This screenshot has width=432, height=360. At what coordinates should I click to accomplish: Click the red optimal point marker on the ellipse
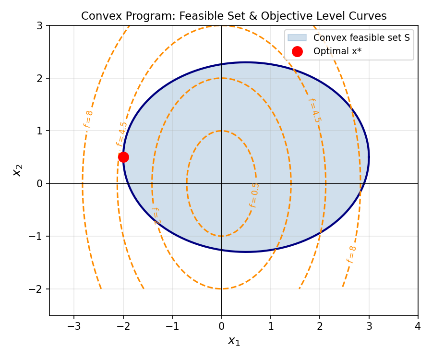click(x=123, y=157)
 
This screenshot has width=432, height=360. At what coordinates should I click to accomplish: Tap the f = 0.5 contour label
click(x=254, y=195)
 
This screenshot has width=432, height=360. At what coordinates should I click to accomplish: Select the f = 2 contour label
click(x=156, y=216)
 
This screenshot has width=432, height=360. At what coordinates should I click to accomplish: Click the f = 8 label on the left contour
click(x=88, y=119)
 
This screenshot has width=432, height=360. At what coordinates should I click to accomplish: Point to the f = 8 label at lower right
click(x=351, y=254)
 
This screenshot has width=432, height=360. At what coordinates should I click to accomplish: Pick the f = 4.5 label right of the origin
click(x=314, y=110)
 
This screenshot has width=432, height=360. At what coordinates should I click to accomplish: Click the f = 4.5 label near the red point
click(x=121, y=134)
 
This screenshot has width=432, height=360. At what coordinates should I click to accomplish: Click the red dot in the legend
click(x=297, y=51)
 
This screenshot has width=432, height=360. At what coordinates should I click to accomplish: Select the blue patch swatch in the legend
click(x=297, y=37)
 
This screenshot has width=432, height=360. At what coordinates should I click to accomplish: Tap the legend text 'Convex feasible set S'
click(x=361, y=37)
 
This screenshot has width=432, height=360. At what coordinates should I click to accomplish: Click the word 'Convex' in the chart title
click(x=97, y=16)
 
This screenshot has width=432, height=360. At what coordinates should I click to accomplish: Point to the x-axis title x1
click(x=233, y=341)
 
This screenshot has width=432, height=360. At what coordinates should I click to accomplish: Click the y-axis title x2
click(x=18, y=170)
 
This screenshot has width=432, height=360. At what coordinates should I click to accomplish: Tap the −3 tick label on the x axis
click(x=73, y=326)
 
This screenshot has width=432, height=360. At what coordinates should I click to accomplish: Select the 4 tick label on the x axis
click(x=418, y=326)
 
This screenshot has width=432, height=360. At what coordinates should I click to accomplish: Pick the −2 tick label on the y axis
click(x=37, y=289)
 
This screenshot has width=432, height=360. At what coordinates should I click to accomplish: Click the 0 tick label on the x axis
click(x=221, y=326)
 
